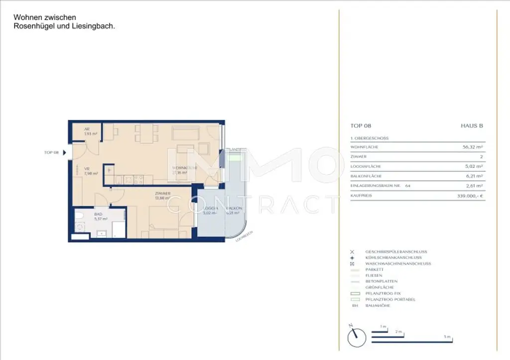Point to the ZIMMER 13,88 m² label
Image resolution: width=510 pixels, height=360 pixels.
pyautogui.click(x=163, y=196)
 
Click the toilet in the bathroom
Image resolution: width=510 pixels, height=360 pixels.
pyautogui.click(x=78, y=216)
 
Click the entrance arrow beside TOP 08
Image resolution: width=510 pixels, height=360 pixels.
pyautogui.click(x=64, y=152)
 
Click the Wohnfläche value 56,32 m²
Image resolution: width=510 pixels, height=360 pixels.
pyautogui.click(x=473, y=147)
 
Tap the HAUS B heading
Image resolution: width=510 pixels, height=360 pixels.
pyautogui.click(x=472, y=126)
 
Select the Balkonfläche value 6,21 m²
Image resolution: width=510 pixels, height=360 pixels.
pyautogui.click(x=475, y=176)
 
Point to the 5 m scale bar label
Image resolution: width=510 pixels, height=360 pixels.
pyautogui.click(x=448, y=337)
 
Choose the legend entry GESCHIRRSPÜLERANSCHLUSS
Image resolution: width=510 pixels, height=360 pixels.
pyautogui.click(x=396, y=252)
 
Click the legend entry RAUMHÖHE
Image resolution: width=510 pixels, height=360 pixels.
pyautogui.click(x=378, y=305)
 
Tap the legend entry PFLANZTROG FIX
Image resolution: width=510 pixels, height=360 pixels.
pyautogui.click(x=382, y=293)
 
